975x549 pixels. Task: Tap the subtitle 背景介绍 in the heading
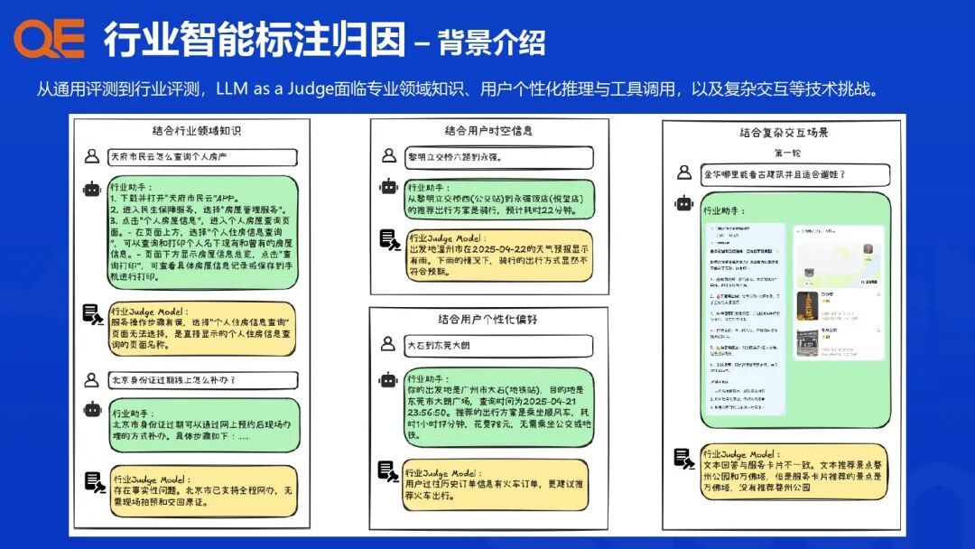491,42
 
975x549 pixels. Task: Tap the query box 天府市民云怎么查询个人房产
201,157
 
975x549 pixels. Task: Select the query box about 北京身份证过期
201,380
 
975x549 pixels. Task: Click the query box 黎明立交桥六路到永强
497,157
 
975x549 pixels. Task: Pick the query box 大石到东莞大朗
497,345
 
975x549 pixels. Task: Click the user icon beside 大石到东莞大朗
387,344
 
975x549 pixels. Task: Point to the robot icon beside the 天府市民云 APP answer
91,190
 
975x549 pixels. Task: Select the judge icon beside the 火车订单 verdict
387,470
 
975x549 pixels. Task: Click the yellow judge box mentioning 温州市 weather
499,255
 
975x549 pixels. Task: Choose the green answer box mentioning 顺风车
499,407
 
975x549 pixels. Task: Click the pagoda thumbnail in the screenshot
806,305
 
